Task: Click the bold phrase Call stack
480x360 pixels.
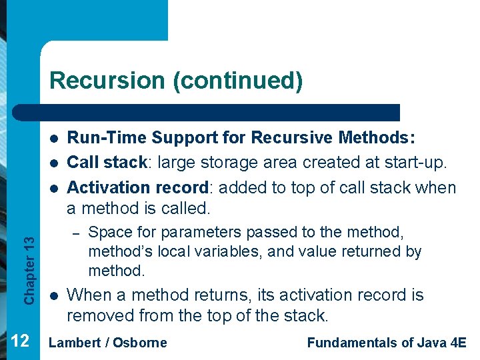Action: (x=107, y=163)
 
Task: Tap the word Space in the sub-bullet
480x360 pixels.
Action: (x=108, y=232)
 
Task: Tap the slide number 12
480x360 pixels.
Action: (x=20, y=341)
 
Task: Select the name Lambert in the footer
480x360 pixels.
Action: (x=73, y=343)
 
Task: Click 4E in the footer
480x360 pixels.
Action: (x=458, y=343)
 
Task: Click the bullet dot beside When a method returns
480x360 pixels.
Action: (x=54, y=295)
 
